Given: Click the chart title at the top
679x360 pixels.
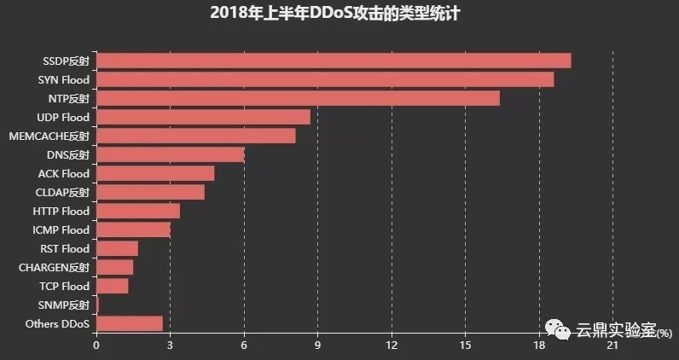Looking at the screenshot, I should tap(339, 14).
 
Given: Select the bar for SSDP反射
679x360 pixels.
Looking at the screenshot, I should tap(334, 61).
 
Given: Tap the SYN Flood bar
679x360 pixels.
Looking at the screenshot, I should tap(325, 79).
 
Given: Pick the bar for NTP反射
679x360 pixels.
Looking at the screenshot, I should tap(298, 98).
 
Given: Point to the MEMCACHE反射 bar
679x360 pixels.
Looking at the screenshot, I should tap(195, 136).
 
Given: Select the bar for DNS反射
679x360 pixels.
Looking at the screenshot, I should tap(170, 154).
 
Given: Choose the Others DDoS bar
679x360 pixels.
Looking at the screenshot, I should tap(129, 323).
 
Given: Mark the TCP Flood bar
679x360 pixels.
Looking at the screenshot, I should tap(112, 286).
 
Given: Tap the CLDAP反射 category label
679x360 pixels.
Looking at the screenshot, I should tap(61, 192).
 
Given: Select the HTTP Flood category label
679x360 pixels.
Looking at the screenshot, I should tap(61, 211).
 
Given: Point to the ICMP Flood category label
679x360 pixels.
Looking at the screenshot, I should tap(60, 229).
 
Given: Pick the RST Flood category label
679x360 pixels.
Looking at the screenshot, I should tap(65, 248).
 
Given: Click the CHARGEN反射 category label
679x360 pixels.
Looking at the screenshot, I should tap(54, 267).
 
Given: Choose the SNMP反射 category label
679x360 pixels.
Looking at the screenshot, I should tap(64, 305).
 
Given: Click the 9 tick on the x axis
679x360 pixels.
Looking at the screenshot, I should tap(317, 345).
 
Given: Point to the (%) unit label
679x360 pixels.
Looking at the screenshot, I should tap(662, 333).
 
